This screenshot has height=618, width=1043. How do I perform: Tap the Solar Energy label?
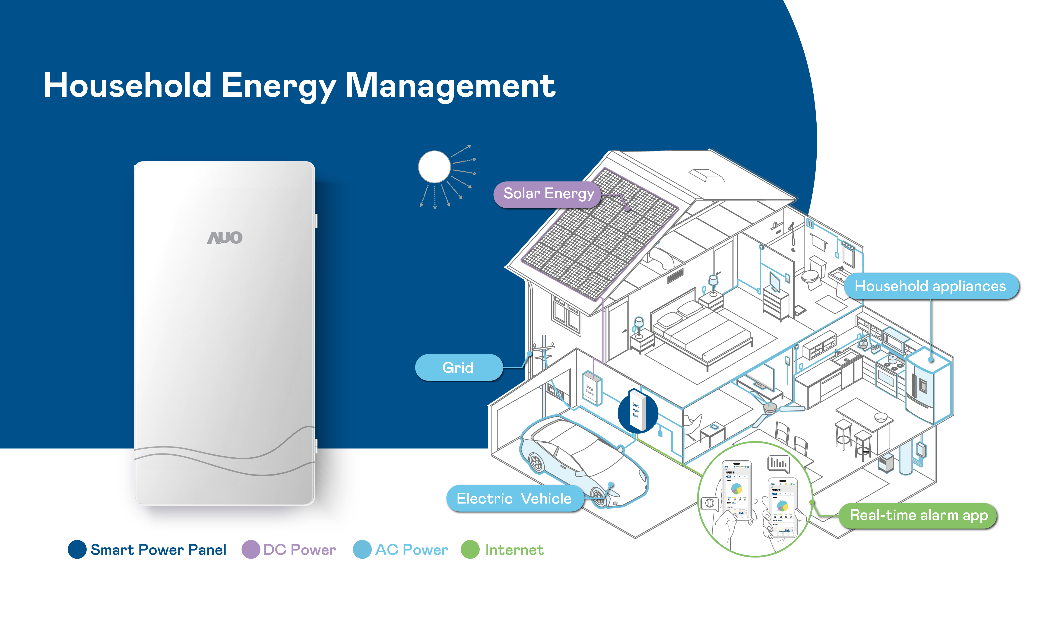[548, 194]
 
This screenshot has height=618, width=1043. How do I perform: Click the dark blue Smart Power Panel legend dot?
[77, 550]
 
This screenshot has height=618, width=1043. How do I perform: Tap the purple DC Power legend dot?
[251, 550]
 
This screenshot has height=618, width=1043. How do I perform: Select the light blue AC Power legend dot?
[362, 550]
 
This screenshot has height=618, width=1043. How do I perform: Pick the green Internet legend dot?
[470, 550]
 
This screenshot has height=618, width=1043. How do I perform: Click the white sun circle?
[434, 167]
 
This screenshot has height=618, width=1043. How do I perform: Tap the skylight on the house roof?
[707, 175]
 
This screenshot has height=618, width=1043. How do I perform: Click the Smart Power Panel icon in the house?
[637, 410]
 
